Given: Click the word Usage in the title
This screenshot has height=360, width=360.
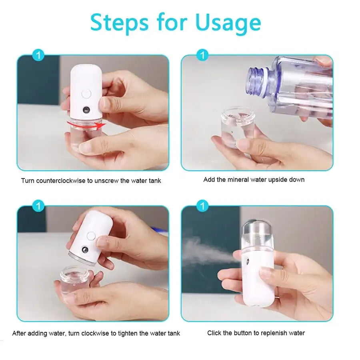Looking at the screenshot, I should coord(228,23).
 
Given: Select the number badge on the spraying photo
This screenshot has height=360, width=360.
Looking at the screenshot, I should coord(203,206).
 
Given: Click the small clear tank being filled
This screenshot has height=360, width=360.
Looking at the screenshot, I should coord(238,126).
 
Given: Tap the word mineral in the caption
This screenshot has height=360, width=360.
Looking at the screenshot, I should coord(238,180).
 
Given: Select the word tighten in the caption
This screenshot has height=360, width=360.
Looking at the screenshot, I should coord(127,333).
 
